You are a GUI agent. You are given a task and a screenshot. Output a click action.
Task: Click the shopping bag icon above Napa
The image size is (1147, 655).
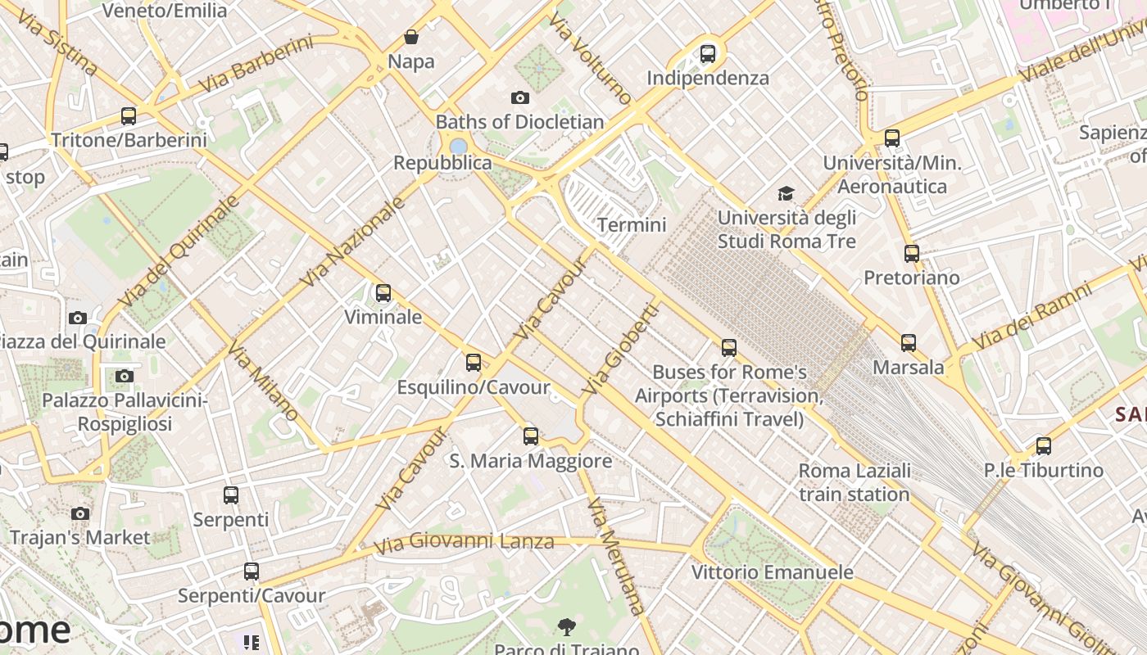pos(411,37)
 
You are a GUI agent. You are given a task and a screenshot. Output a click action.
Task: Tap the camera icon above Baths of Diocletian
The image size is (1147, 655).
pos(519,98)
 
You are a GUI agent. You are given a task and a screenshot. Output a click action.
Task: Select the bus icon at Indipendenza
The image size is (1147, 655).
pos(708,55)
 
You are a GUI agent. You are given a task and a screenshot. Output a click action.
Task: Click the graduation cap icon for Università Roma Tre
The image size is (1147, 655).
pos(786,194)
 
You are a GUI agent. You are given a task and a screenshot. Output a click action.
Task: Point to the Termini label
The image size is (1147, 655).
pos(632,224)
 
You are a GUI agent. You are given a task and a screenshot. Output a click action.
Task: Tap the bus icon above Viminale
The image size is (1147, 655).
pos(383,293)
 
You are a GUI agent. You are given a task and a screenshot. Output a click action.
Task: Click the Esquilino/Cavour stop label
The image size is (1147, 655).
pos(473,386)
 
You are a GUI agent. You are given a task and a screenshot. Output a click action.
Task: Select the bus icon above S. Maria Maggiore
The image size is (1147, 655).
pos(531,436)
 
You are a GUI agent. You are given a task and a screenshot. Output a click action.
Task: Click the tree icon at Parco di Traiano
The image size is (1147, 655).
pos(566,628)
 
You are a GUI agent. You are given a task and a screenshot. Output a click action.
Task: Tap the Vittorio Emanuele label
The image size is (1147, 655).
pos(772,571)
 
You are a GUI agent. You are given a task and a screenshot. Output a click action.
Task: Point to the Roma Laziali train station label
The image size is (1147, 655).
pos(854,482)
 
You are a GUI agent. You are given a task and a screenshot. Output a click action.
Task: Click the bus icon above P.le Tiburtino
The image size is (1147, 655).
pos(1043,446)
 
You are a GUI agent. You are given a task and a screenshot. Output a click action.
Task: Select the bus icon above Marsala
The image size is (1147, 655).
pos(908,343)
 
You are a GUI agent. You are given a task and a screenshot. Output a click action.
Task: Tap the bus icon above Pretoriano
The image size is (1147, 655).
pos(911,254)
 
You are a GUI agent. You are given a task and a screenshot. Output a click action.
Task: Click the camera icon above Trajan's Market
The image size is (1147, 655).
pos(79,514)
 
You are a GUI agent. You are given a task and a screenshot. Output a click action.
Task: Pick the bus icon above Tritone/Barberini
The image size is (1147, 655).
pos(129,116)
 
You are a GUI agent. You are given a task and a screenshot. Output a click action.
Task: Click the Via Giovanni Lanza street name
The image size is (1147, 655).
pos(464,542)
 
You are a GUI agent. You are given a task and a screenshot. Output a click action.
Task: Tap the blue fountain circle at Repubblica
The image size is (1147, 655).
pos(459,146)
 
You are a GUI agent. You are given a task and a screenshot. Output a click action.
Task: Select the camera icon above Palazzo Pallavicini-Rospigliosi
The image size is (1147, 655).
pos(124,377)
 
